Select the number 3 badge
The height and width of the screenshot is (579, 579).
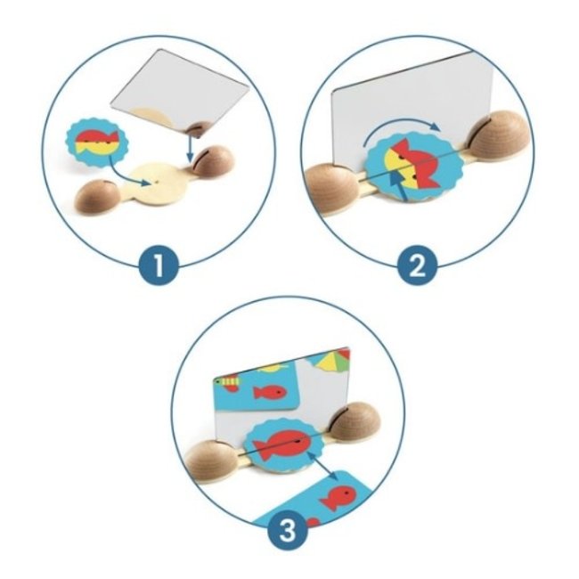coord(286,533)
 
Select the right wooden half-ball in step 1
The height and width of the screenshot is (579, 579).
coord(214,160)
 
